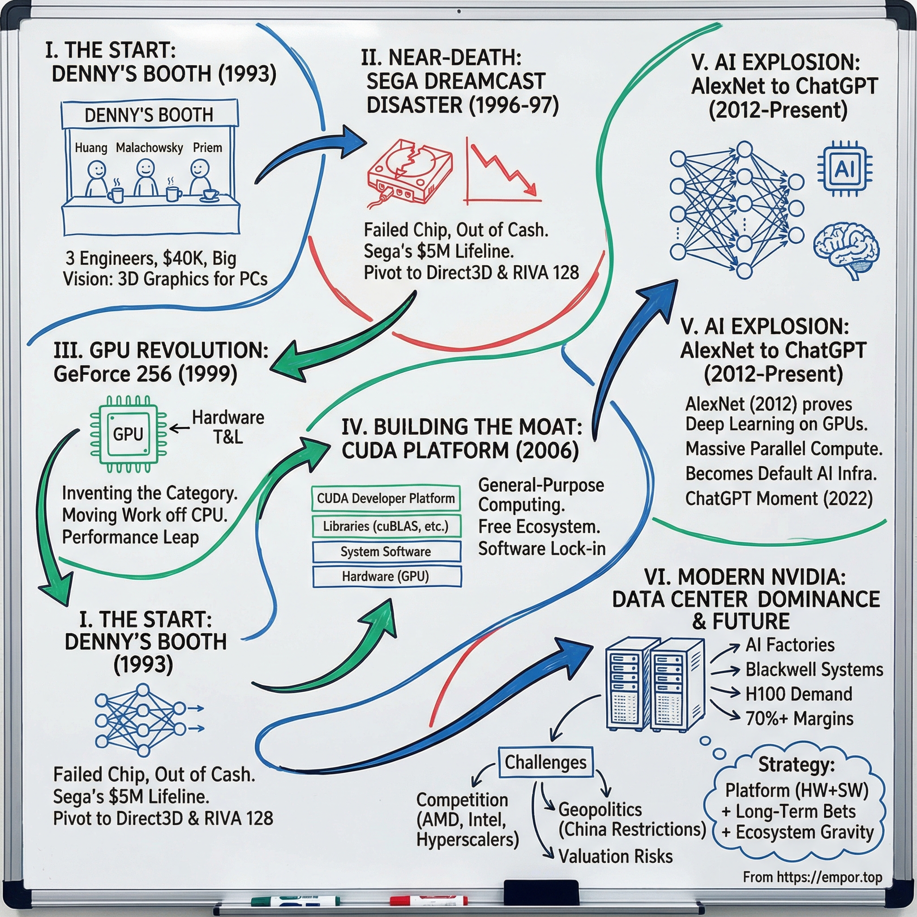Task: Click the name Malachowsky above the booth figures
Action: (x=149, y=148)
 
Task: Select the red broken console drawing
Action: (x=410, y=172)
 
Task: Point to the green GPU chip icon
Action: (x=128, y=434)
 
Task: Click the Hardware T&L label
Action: (x=228, y=427)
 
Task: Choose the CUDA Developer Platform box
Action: (x=386, y=498)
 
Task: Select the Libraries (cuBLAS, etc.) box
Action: (x=386, y=527)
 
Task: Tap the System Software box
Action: (x=386, y=552)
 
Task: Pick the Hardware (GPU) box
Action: (x=386, y=577)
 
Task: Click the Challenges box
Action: (x=545, y=762)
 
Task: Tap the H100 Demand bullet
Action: (x=798, y=694)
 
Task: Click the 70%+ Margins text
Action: (x=799, y=719)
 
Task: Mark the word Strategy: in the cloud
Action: (x=796, y=765)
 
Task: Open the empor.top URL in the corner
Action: (x=812, y=877)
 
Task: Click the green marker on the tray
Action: (x=294, y=900)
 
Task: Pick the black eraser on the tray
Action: (x=540, y=892)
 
